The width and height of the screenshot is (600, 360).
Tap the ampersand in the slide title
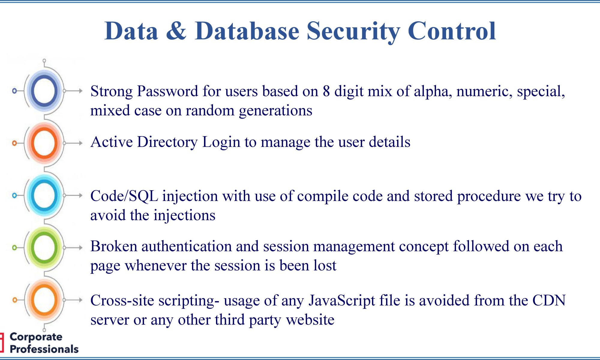tap(176, 31)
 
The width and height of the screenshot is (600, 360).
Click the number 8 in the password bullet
tap(326, 91)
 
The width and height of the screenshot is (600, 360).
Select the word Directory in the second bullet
tap(167, 142)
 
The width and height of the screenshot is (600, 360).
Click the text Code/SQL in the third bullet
tap(124, 196)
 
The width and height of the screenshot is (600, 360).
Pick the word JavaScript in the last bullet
tap(342, 301)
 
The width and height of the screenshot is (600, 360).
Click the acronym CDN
tap(549, 300)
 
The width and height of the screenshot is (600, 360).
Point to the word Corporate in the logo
tap(36, 337)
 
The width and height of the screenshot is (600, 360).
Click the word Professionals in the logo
tap(44, 349)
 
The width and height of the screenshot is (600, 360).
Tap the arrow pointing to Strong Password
tap(73, 91)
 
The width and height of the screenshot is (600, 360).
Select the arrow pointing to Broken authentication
tap(73, 247)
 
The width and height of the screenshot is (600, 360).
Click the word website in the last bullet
tap(310, 320)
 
